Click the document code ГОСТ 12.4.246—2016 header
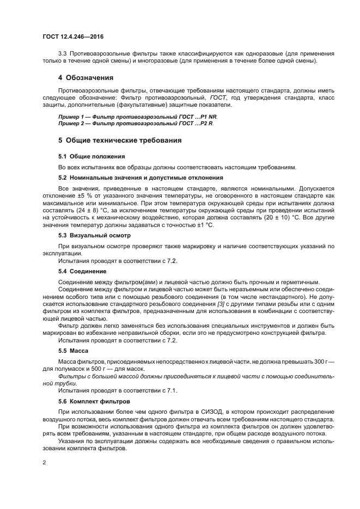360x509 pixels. [x=72, y=37]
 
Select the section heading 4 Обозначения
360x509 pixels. [x=86, y=77]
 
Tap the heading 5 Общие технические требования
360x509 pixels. [x=120, y=140]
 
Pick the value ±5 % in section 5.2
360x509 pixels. [x=88, y=194]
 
